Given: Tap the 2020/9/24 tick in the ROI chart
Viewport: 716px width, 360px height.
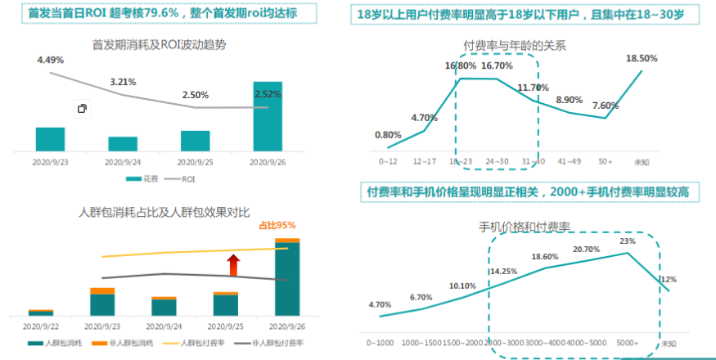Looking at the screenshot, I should pyautogui.click(x=123, y=161).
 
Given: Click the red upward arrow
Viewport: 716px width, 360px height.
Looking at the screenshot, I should pyautogui.click(x=233, y=265).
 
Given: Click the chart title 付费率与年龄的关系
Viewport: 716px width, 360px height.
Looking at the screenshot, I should pyautogui.click(x=513, y=45).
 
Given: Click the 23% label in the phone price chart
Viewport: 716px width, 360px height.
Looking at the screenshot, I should pyautogui.click(x=628, y=241).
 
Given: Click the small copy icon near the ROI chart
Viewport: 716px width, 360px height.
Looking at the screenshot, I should pyautogui.click(x=82, y=108).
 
